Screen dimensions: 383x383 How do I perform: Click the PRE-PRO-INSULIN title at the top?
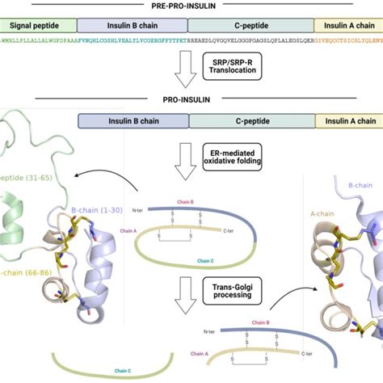tap(191, 6)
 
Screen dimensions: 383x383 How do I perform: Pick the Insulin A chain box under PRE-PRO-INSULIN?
tap(347, 26)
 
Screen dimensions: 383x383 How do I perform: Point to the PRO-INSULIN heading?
tap(191, 100)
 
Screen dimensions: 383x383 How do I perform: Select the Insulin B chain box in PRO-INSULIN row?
tap(133, 121)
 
